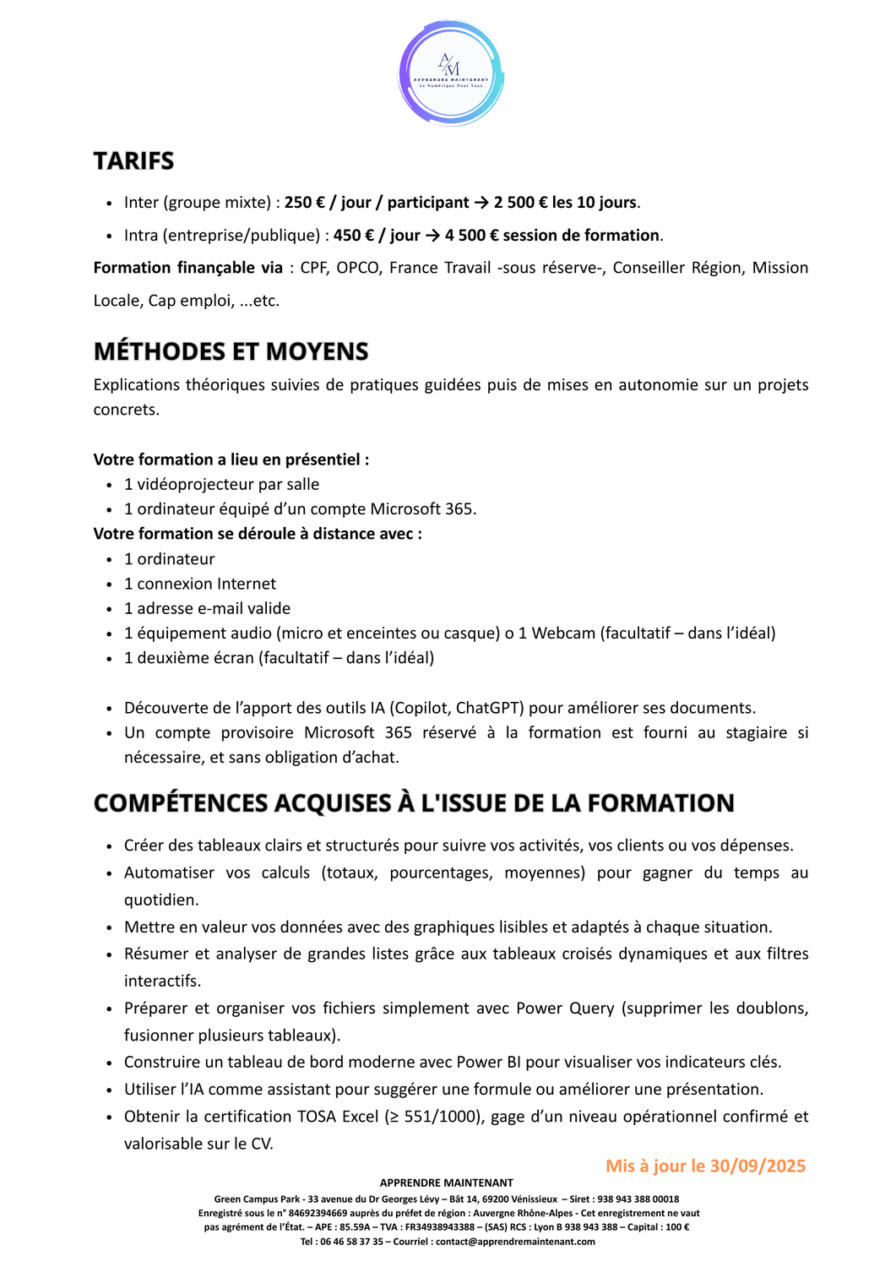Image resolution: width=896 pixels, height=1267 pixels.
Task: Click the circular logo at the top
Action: coord(451,73)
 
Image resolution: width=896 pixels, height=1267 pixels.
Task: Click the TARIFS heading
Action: coord(133,160)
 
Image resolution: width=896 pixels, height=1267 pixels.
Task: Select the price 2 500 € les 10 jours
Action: coord(565,203)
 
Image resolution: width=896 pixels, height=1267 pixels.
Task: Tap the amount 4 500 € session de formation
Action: coord(552,236)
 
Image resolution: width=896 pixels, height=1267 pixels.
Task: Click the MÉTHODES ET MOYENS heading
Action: coord(231,351)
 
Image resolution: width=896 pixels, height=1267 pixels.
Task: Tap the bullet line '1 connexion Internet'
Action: coord(200,584)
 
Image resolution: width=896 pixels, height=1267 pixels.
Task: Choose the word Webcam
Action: coord(563,633)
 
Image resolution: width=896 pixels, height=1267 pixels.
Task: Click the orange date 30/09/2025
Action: coord(758,1166)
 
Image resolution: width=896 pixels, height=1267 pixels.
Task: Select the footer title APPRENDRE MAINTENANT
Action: coord(446,1183)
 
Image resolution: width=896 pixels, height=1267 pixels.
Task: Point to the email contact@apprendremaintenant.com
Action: coord(515,1242)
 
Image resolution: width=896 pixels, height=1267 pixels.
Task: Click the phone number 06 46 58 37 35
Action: coord(351,1242)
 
